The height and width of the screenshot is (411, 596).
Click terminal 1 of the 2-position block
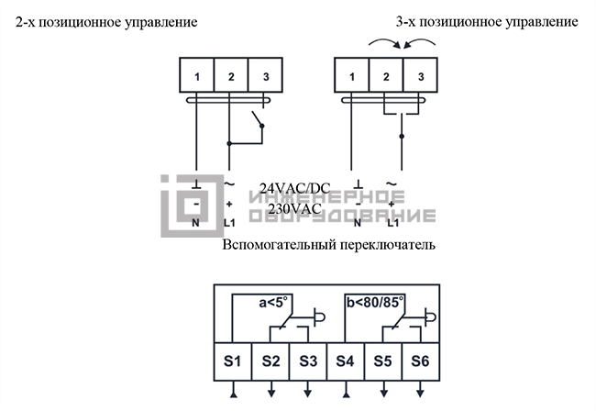197,75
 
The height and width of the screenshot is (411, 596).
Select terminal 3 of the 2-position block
265,75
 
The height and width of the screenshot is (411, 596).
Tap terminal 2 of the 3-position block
386,75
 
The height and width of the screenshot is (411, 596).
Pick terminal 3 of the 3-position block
420,75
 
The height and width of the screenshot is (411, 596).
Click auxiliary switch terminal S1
233,361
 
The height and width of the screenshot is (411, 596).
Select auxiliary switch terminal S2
270,361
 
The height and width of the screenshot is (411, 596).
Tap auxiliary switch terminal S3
308,361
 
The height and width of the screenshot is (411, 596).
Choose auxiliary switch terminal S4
346,361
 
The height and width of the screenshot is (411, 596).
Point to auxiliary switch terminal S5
383,361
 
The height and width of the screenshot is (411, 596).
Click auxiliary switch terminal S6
421,361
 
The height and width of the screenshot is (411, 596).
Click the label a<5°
273,303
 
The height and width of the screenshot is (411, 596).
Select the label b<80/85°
375,303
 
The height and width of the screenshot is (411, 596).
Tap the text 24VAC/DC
295,188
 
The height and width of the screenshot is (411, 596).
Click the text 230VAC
295,209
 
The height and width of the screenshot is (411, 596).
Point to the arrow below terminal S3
308,389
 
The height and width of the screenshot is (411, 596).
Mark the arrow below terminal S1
234,389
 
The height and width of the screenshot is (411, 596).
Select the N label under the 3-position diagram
358,223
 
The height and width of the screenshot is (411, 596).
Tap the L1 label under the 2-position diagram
229,223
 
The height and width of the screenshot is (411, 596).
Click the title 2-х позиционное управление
106,22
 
